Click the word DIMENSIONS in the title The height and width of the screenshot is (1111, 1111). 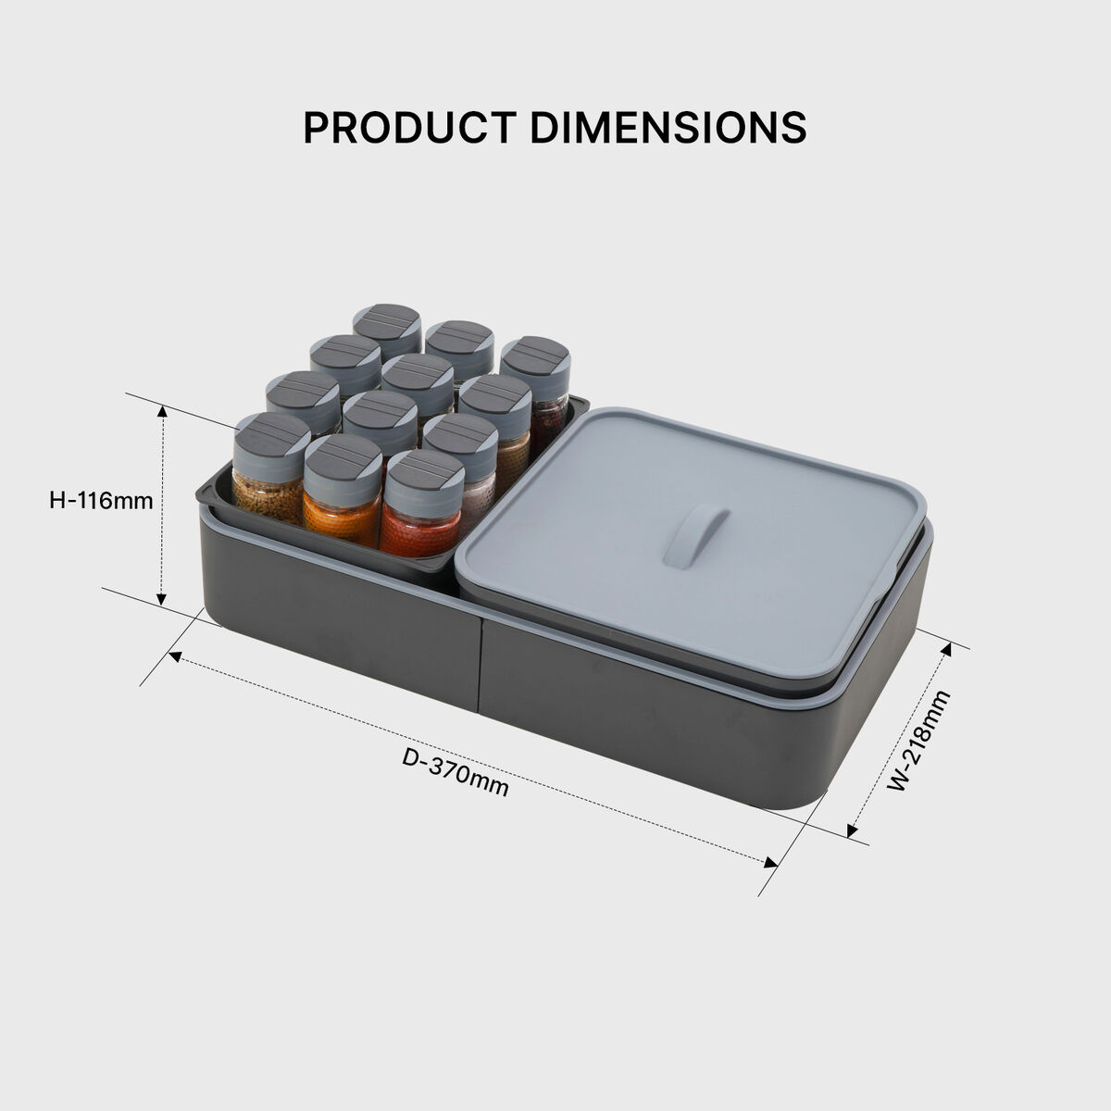pyautogui.click(x=668, y=128)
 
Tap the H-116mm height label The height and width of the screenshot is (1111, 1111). pyautogui.click(x=101, y=501)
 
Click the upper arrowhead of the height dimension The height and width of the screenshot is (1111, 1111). pyautogui.click(x=162, y=411)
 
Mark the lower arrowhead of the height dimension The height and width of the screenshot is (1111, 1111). pyautogui.click(x=162, y=599)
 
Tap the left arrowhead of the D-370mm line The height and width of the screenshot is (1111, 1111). pyautogui.click(x=175, y=656)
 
